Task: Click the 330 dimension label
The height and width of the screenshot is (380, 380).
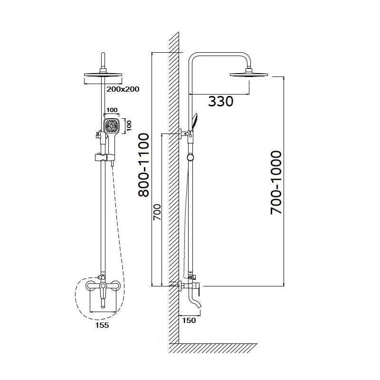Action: point(220,101)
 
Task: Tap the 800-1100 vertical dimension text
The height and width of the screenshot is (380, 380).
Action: point(143,165)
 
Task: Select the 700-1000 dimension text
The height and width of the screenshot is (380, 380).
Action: point(276,182)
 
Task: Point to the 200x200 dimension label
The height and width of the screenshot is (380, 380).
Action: point(123,89)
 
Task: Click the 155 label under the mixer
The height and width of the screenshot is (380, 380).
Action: point(102,325)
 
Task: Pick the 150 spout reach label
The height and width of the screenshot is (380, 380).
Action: point(189,320)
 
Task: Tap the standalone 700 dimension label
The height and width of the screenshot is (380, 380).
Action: point(157,212)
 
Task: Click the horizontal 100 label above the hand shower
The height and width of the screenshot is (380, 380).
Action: point(112,110)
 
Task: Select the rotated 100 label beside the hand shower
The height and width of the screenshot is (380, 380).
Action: point(129,125)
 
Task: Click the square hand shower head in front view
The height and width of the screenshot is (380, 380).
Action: point(112,125)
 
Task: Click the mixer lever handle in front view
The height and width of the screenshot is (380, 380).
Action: point(103,290)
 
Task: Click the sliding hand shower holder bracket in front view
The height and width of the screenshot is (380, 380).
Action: point(104,158)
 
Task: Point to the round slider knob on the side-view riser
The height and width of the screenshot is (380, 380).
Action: point(190,157)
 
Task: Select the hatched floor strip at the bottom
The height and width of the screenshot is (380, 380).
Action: point(213,348)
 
